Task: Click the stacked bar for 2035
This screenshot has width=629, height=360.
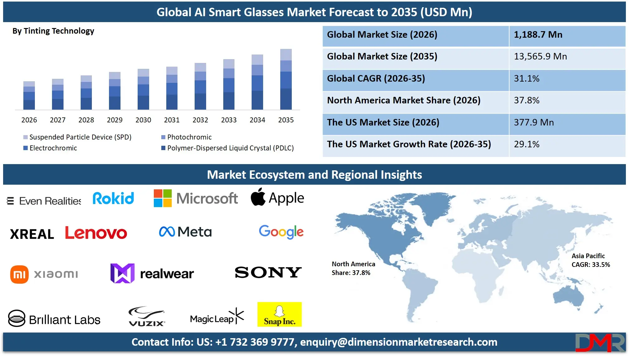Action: pyautogui.click(x=286, y=79)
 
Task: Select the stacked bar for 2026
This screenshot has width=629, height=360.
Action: pyautogui.click(x=29, y=96)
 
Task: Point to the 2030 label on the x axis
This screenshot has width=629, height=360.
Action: pyautogui.click(x=143, y=120)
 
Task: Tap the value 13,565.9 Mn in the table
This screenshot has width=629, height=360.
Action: pyautogui.click(x=540, y=56)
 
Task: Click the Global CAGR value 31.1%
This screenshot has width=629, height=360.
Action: pyautogui.click(x=527, y=78)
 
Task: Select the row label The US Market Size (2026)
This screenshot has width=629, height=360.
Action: pyautogui.click(x=383, y=122)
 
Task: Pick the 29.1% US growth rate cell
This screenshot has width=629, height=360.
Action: pyautogui.click(x=527, y=144)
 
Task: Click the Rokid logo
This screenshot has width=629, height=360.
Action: pyautogui.click(x=113, y=198)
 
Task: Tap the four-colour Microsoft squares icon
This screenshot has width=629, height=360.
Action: pyautogui.click(x=163, y=198)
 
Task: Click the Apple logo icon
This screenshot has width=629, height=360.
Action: pyautogui.click(x=258, y=197)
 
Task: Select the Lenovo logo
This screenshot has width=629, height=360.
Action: pyautogui.click(x=96, y=233)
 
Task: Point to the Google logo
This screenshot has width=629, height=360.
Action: pyautogui.click(x=281, y=232)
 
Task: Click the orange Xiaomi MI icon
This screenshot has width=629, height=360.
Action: pyautogui.click(x=19, y=274)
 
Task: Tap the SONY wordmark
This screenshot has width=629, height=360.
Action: pyautogui.click(x=268, y=272)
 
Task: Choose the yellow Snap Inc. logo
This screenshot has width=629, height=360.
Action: pyautogui.click(x=279, y=314)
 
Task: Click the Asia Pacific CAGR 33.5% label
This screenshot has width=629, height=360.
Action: pyautogui.click(x=590, y=260)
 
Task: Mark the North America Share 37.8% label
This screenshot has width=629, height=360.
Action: pyautogui.click(x=353, y=268)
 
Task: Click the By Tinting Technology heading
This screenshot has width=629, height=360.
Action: pyautogui.click(x=53, y=31)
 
